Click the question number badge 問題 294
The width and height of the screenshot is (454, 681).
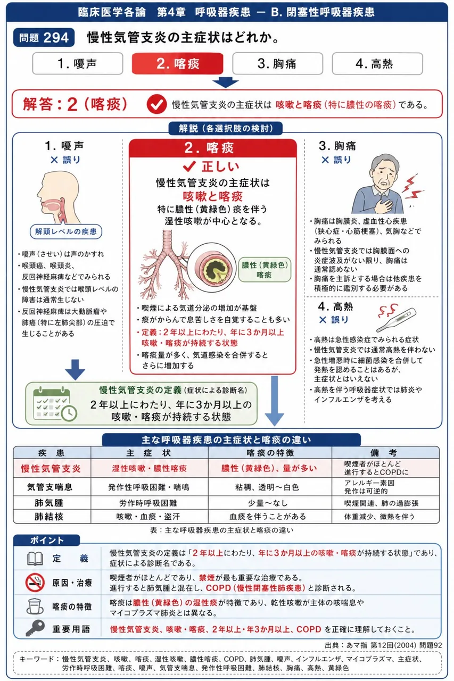click(44, 38)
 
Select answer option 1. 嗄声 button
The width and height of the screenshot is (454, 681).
click(78, 63)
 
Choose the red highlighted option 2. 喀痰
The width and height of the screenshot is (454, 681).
click(178, 63)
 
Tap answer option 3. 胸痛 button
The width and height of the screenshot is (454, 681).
click(277, 63)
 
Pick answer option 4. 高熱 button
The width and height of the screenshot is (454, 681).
click(377, 63)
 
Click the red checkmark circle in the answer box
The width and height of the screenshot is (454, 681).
click(156, 104)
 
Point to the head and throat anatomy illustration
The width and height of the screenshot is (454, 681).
click(59, 197)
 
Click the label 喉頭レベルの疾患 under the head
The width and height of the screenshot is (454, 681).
click(66, 231)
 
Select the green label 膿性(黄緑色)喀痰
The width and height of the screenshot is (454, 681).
click(265, 270)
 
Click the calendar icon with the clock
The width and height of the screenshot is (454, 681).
click(55, 404)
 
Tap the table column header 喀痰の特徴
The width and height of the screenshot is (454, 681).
click(270, 453)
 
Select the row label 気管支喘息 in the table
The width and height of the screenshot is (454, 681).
click(49, 487)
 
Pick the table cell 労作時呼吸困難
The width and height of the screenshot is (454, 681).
click(148, 503)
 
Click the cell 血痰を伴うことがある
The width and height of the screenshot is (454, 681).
click(268, 517)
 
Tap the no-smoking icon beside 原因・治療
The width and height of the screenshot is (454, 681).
click(35, 583)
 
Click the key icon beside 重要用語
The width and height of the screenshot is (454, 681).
click(35, 628)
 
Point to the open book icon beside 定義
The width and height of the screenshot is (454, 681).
click(35, 559)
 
